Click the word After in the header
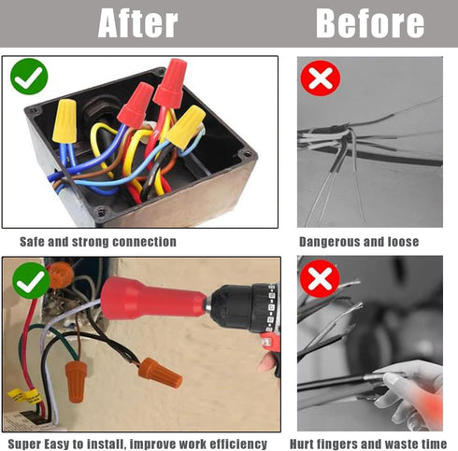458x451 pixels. [137, 23]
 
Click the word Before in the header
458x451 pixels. [370, 23]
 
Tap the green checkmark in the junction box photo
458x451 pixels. [29, 77]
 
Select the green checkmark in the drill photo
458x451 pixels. [31, 281]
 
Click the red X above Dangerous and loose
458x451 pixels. [321, 78]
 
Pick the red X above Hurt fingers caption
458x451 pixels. [320, 278]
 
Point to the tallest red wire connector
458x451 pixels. [170, 83]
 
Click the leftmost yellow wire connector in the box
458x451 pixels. [64, 121]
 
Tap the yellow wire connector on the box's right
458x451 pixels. [186, 127]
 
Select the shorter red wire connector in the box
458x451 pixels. [136, 105]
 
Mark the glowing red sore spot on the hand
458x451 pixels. [432, 404]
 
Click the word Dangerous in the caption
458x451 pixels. [326, 242]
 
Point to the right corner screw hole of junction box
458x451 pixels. [247, 154]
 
